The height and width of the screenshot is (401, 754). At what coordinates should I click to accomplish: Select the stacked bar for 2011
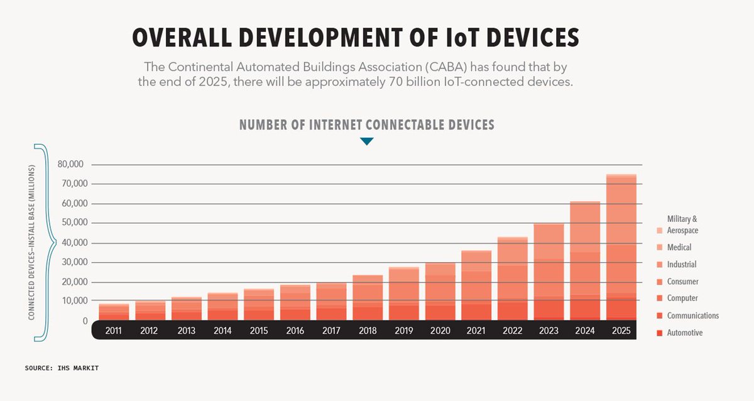[114, 312]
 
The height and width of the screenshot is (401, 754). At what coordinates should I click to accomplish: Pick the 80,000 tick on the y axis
[70, 165]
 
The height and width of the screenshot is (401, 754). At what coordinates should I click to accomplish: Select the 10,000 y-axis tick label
[70, 302]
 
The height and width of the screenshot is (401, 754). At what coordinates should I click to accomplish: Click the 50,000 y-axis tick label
[70, 223]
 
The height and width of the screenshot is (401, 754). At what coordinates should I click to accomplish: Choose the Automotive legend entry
[684, 332]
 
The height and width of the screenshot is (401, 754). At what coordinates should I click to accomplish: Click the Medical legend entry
[679, 248]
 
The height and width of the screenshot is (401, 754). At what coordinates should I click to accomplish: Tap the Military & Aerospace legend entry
[682, 225]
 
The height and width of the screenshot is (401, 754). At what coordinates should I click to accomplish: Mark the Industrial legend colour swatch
[658, 265]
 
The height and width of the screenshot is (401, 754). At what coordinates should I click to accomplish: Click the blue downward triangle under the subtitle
[367, 142]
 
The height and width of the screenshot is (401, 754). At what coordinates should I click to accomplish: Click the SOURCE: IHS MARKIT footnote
[62, 368]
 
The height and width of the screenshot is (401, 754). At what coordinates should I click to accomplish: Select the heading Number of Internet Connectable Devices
[367, 124]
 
